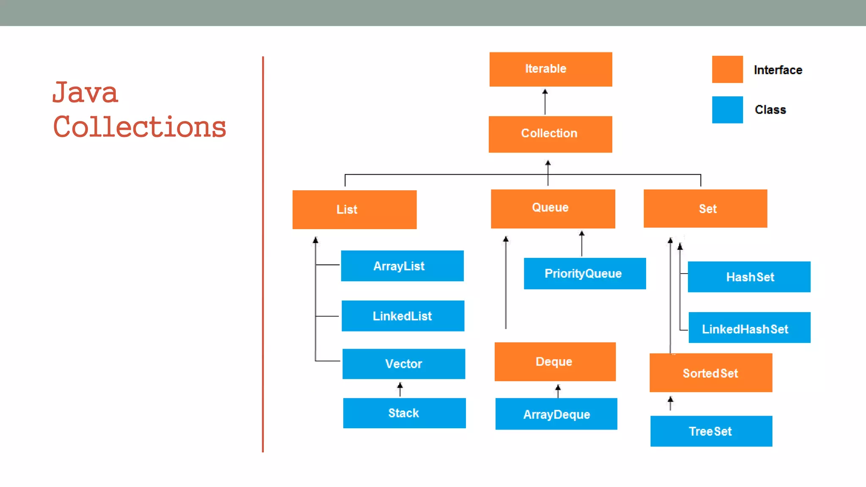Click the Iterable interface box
tap(551, 69)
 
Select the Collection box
tap(550, 134)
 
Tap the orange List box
tap(354, 210)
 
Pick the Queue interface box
tap(553, 209)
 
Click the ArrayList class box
tap(402, 266)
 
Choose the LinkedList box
tap(403, 316)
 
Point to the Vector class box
tap(403, 364)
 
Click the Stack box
tap(404, 413)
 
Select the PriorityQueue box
tap(584, 274)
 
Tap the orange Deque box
tap(555, 362)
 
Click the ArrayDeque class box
tap(556, 414)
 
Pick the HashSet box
tap(749, 277)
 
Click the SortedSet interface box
tap(710, 373)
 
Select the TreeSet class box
tap(711, 431)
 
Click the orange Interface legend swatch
tap(727, 69)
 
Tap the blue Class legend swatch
tap(727, 110)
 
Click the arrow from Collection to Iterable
tap(545, 102)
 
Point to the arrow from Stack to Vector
tap(400, 389)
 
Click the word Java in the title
tap(85, 93)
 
